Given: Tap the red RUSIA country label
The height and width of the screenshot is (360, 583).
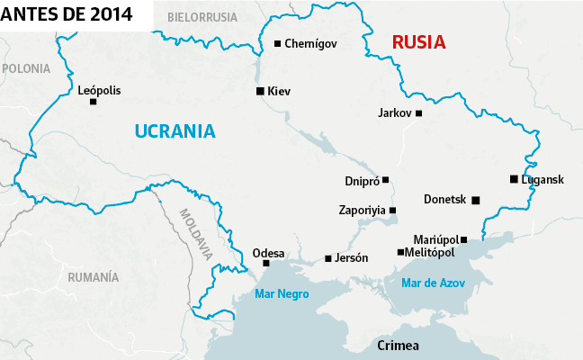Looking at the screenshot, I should tap(420, 42).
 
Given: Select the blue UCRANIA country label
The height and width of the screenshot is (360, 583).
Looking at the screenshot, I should tap(175, 130).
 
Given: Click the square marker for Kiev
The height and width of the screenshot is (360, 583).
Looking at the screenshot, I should tap(260, 91).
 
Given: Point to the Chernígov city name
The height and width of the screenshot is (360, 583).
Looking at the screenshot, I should tap(310, 43).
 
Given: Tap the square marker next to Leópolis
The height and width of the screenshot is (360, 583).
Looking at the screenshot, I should tap(94, 102).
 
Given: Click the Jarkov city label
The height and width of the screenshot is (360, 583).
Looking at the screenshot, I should tap(395, 113).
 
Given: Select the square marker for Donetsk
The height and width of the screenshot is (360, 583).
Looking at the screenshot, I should tap(476, 200).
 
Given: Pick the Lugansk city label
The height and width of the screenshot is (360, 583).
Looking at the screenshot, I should tap(543, 179).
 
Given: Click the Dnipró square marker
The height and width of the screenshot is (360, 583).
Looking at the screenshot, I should tap(386, 180).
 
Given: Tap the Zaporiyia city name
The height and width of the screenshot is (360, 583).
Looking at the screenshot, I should tap(361, 210).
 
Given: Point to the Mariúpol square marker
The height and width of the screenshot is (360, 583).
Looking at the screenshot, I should tap(464, 239).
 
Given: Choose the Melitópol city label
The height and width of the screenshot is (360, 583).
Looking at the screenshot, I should tap(431, 253).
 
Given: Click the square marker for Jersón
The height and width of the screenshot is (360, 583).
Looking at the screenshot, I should tap(328, 258).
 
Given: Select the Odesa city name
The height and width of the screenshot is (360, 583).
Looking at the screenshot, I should tap(268, 252).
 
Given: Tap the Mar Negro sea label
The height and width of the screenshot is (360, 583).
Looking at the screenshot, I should tap(282, 294).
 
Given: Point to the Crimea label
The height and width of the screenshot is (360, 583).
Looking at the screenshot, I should tap(399, 346).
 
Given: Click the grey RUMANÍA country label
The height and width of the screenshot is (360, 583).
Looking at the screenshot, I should tap(93, 277).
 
